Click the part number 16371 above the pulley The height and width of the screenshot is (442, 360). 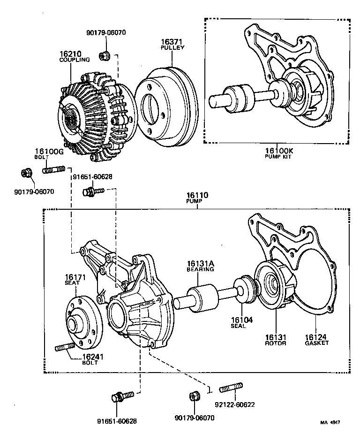[x=172, y=42]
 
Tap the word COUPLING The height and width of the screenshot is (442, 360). [x=75, y=60]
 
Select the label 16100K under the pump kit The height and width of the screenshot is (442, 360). [x=279, y=151]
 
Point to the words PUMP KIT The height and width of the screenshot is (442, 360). [x=278, y=156]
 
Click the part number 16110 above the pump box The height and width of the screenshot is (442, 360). [x=197, y=195]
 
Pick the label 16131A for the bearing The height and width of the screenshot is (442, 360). [x=201, y=264]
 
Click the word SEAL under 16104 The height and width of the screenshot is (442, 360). [x=238, y=326]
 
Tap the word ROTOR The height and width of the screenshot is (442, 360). [x=276, y=343]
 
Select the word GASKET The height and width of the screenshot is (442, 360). [x=316, y=343]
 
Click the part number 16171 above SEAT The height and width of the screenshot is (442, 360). [x=75, y=277]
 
